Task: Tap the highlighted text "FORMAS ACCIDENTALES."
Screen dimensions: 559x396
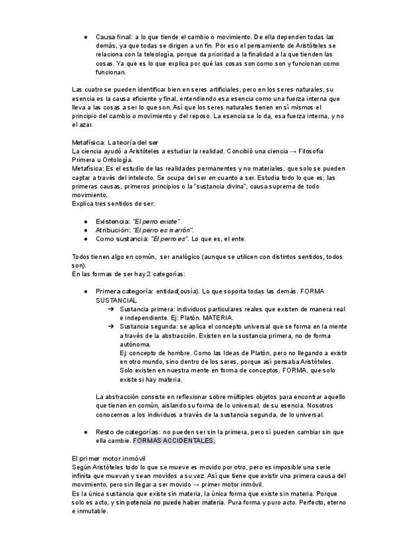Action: pyautogui.click(x=174, y=440)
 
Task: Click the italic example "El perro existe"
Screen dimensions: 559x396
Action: pyautogui.click(x=156, y=221)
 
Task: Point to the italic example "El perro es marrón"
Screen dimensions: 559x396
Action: pyautogui.click(x=162, y=230)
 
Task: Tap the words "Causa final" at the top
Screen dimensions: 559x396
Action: pyautogui.click(x=114, y=38)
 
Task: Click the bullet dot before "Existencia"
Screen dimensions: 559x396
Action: pyautogui.click(x=86, y=221)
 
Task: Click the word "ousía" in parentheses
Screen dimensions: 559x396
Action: pyautogui.click(x=189, y=291)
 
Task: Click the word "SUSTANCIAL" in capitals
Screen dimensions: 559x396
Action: pyautogui.click(x=116, y=300)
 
